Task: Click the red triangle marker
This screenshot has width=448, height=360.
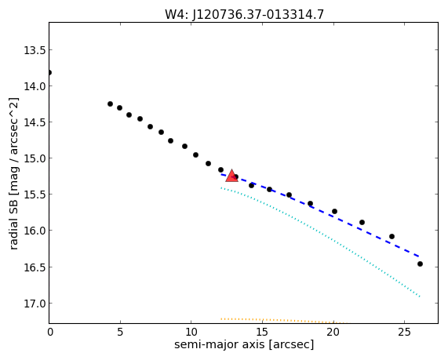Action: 231,176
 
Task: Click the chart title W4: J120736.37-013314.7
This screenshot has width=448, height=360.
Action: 244,14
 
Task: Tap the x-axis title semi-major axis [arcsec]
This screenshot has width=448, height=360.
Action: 244,344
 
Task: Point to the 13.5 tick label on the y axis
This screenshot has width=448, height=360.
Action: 35,50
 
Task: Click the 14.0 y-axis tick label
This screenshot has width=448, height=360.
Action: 35,86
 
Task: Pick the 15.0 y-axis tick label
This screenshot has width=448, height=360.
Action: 35,158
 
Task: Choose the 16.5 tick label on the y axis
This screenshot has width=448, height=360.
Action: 35,267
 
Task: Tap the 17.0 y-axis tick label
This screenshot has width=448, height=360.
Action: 35,304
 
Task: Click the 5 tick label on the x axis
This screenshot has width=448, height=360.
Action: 120,332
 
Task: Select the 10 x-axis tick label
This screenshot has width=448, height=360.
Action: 191,332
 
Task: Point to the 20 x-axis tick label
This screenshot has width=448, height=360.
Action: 333,332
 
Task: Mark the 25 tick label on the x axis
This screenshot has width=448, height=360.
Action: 404,332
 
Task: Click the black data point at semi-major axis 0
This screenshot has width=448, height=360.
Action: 49,73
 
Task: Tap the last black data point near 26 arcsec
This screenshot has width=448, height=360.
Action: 420,264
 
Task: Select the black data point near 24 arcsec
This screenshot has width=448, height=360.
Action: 392,237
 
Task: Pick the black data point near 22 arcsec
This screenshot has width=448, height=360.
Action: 362,222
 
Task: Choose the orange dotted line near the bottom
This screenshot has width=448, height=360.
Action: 283,320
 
